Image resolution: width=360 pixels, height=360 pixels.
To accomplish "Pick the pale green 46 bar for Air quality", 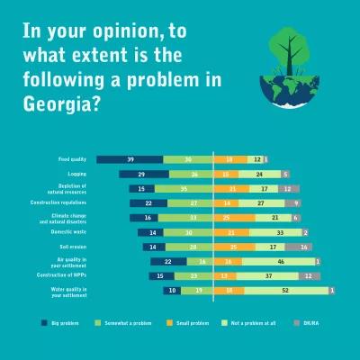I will click(x=279, y=261).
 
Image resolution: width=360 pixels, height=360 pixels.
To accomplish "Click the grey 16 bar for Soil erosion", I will click(x=305, y=247).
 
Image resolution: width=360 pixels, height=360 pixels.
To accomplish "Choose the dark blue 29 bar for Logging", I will click(x=142, y=174).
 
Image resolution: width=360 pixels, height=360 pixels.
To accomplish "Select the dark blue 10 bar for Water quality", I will click(x=171, y=291).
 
